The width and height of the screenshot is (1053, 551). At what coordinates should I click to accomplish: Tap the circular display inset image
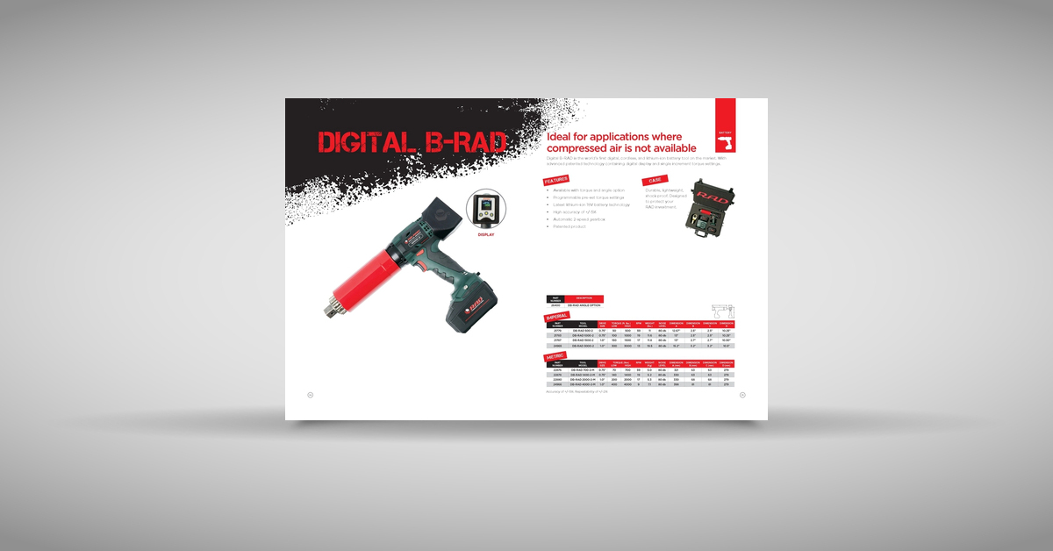point(486,210)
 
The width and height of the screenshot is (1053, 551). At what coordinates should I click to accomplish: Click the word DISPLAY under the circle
point(486,235)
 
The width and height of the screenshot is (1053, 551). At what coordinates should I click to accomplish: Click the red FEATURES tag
point(556,180)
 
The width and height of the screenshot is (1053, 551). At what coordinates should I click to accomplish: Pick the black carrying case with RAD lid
point(713,209)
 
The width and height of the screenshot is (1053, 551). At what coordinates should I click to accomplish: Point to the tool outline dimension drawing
point(723,311)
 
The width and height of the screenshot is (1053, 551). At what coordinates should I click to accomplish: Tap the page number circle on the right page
point(742,395)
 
